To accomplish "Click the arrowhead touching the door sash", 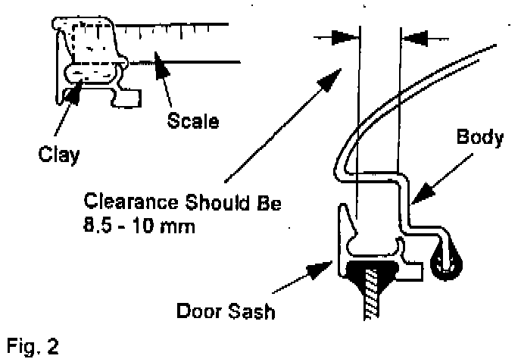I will (326, 266).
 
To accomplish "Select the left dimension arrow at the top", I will (343, 36).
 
